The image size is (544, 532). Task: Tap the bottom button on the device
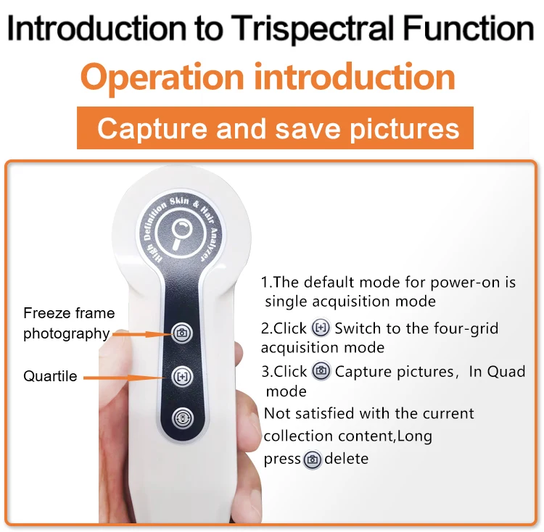(x=182, y=419)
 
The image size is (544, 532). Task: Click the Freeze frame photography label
(x=69, y=323)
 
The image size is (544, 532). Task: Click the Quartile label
(x=50, y=376)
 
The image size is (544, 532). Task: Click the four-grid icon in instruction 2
(x=321, y=328)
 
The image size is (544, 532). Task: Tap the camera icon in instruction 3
(x=321, y=371)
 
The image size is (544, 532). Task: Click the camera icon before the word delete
(x=313, y=459)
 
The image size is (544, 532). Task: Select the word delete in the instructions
(x=347, y=459)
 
